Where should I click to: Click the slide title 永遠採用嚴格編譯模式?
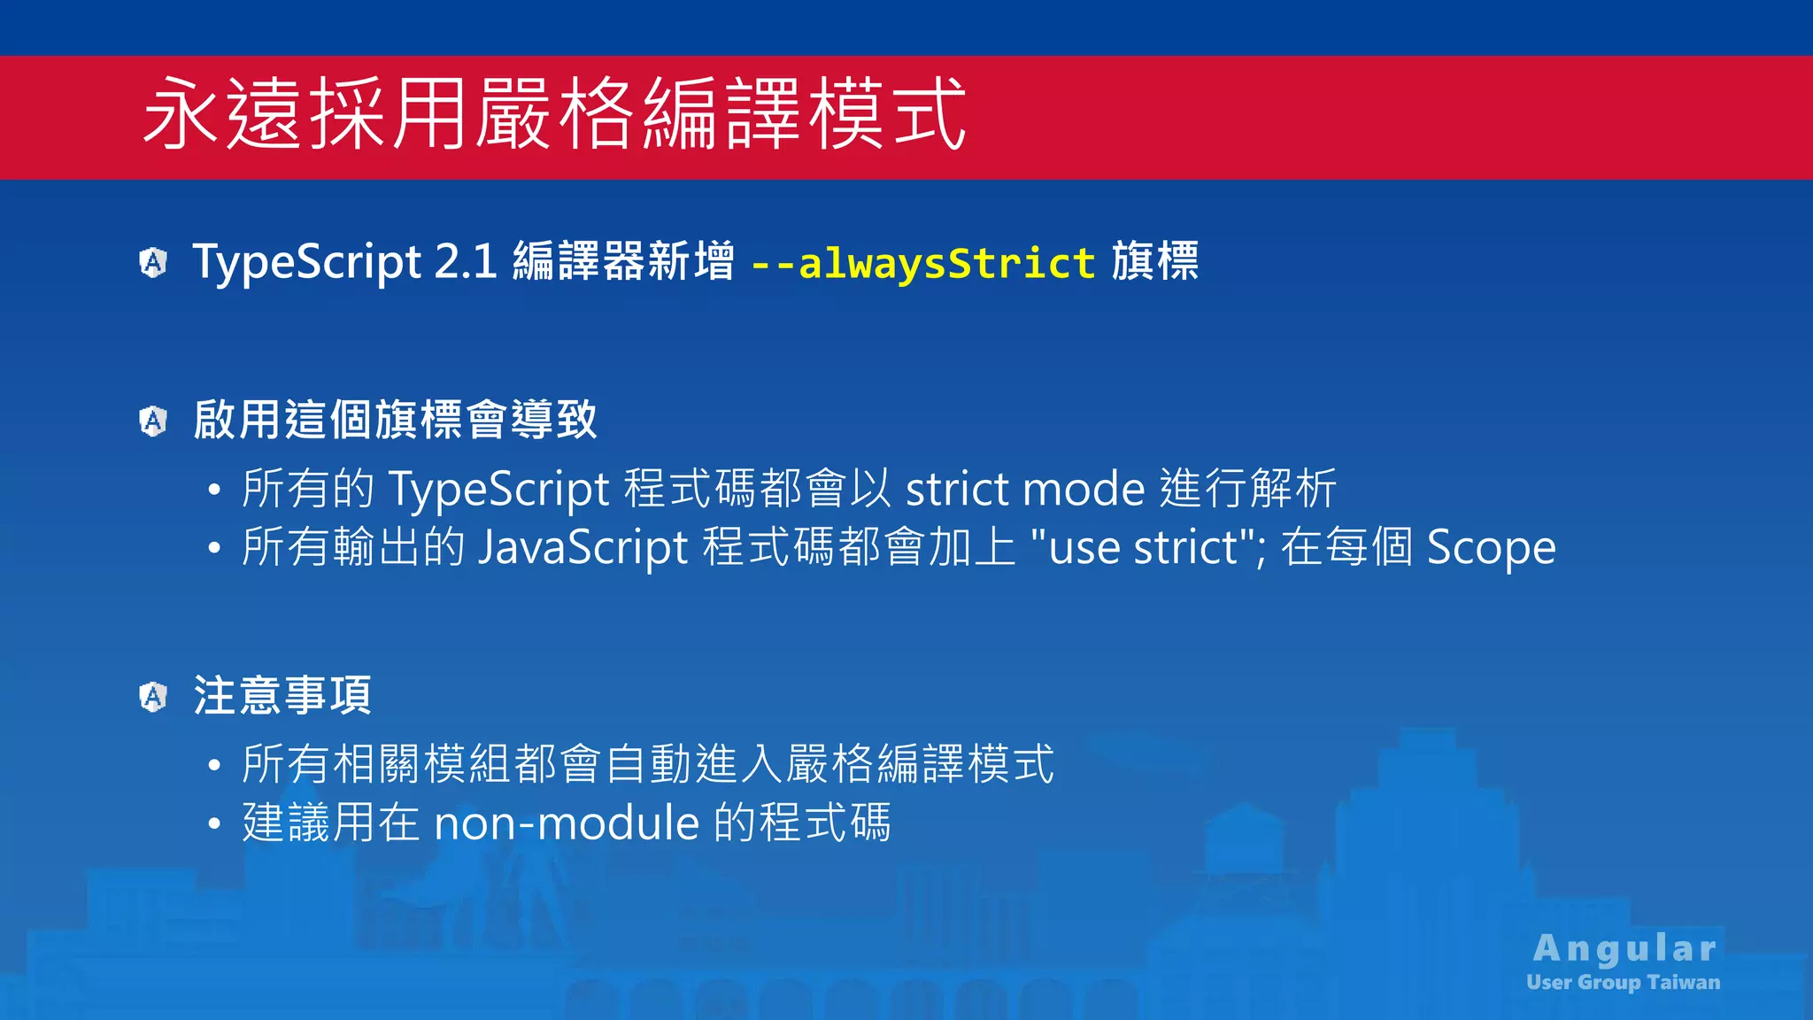554,113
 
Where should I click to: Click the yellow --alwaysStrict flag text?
923,263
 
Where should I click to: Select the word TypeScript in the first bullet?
307,262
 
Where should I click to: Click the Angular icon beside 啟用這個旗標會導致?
153,421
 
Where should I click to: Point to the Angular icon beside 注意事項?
153,697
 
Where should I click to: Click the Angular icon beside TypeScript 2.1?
153,262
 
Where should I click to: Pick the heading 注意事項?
282,695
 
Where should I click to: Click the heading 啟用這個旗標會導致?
395,420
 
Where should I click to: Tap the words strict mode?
1025,489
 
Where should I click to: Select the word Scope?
1491,547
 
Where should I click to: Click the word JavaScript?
582,547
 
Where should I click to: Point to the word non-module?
567,823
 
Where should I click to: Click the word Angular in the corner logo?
1624,948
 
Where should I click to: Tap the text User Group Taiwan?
1623,982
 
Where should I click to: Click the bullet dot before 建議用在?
214,824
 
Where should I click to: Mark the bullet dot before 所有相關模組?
214,766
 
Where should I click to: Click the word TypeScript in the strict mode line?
499,489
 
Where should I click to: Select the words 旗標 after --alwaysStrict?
1155,262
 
